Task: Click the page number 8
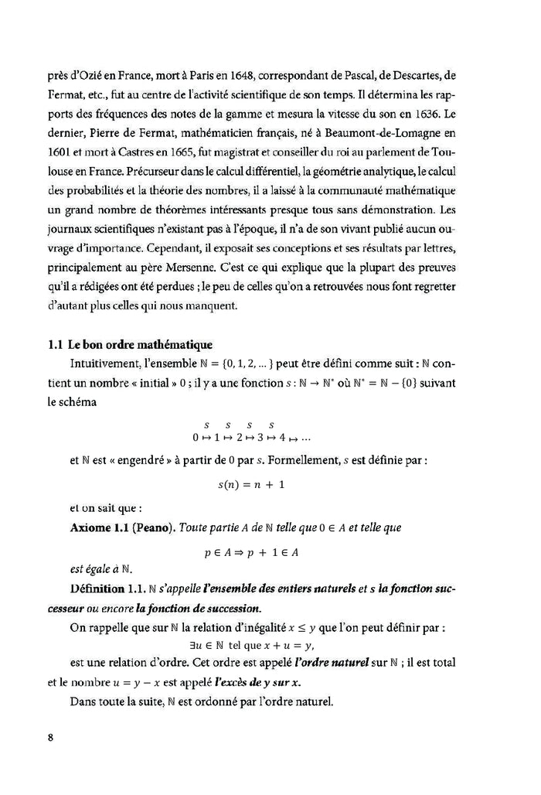tap(49, 736)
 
